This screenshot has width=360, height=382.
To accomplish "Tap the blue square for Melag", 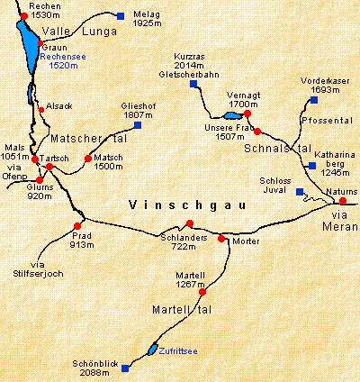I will coord(121,15).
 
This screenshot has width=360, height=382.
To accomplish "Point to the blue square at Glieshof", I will coord(138,125).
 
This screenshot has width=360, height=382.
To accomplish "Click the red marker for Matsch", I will coord(86,159).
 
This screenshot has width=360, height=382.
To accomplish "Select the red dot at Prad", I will coord(78,225).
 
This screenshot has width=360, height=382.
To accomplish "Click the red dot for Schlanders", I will coord(188,225).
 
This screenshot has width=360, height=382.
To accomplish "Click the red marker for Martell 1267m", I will coord(202,291).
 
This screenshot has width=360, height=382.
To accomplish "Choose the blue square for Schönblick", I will coord(125,368).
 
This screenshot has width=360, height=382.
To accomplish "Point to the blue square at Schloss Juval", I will coord(300,192).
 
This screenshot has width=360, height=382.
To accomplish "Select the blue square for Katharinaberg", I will coord(311,166).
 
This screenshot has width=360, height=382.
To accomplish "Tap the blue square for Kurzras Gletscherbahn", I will coord(193,86).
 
